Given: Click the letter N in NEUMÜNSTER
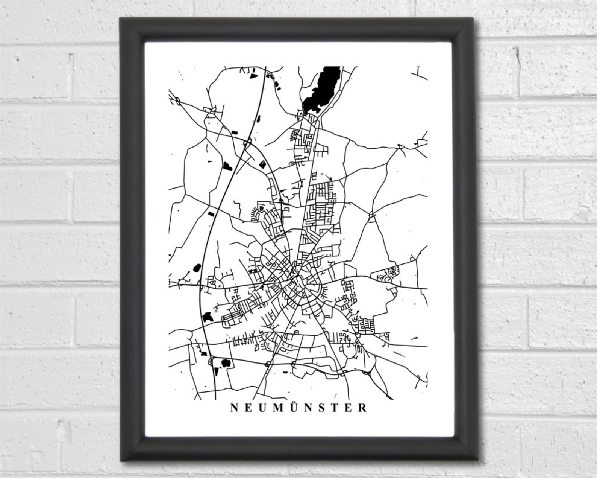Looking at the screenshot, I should [x=233, y=408].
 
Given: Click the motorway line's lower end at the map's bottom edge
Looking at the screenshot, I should [x=215, y=397].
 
